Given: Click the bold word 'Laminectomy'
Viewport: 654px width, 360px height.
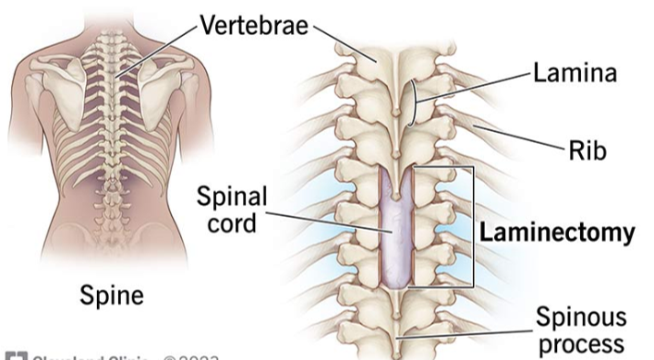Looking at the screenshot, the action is tap(558, 233).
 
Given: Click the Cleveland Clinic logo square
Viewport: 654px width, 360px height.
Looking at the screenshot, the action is tap(11, 355).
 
